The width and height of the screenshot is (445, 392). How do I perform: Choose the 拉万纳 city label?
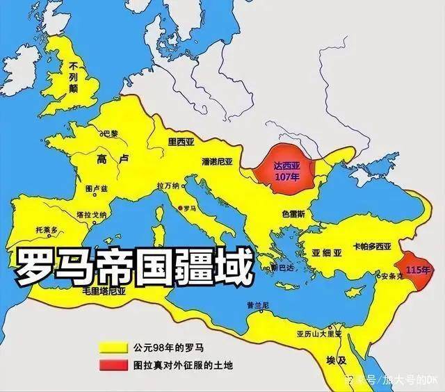coord(168,186)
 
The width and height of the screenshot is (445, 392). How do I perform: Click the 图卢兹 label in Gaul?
coord(95,188)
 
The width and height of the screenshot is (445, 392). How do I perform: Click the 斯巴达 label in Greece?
coord(282,268)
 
